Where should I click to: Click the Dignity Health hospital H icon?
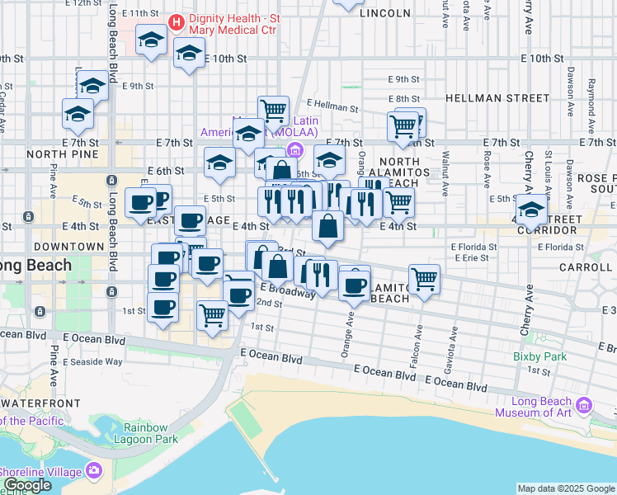tap(175, 21)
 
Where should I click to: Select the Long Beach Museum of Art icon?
tap(585, 405)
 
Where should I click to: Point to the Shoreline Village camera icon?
tap(93, 470)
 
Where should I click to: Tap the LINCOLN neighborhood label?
tap(385, 13)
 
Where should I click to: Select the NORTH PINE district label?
tap(51, 154)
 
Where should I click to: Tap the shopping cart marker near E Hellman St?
tap(272, 110)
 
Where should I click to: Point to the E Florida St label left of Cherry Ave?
tap(473, 246)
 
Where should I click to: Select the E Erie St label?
tap(470, 257)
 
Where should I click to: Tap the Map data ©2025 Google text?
tap(566, 488)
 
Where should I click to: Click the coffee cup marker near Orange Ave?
tap(355, 285)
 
